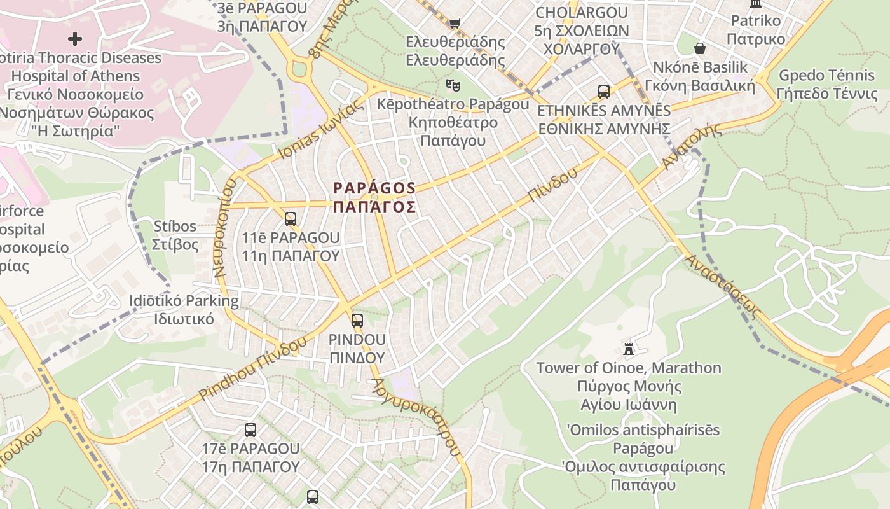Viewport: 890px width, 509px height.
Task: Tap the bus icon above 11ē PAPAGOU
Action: pyautogui.click(x=291, y=219)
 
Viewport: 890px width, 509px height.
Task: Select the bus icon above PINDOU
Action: pyautogui.click(x=357, y=321)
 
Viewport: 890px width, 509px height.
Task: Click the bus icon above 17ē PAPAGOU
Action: pyautogui.click(x=250, y=430)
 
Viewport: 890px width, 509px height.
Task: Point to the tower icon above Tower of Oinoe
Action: pyautogui.click(x=629, y=349)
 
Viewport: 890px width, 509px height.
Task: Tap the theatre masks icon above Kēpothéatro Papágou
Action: pyautogui.click(x=453, y=84)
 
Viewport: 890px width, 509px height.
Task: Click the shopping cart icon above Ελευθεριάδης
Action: pyautogui.click(x=455, y=23)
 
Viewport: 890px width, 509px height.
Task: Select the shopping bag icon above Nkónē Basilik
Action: pyautogui.click(x=700, y=48)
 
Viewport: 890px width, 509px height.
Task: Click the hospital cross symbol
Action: pyautogui.click(x=75, y=39)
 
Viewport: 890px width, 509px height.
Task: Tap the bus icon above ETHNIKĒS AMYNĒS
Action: pyautogui.click(x=604, y=92)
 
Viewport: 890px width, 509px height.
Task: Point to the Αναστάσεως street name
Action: pyautogui.click(x=723, y=286)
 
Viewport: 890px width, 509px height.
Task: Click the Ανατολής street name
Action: pyautogui.click(x=692, y=146)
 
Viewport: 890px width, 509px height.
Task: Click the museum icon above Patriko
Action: pyautogui.click(x=756, y=3)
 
